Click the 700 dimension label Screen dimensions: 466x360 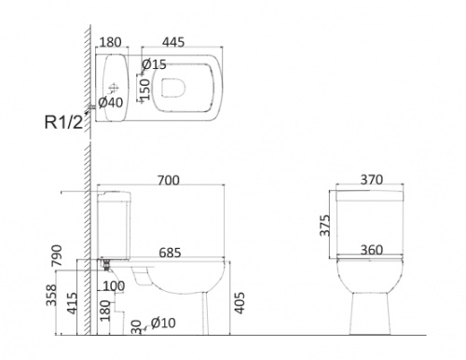point(169,180)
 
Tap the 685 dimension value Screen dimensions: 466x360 point(170,253)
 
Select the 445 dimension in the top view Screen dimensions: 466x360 point(173,42)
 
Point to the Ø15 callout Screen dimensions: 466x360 point(154,64)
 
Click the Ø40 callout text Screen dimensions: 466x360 point(111,103)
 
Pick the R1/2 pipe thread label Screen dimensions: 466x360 point(64,122)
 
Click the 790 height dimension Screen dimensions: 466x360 point(57,256)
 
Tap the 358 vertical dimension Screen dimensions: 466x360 point(51,295)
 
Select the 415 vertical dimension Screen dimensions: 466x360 point(72,303)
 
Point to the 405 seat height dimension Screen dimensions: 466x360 point(240,303)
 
